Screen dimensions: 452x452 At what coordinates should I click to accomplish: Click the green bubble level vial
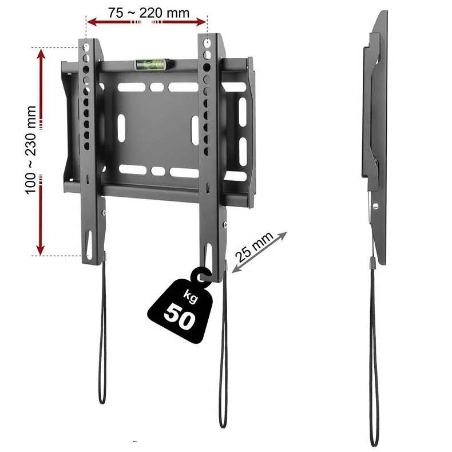click(150, 64)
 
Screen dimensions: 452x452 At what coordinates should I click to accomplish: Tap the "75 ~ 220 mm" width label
click(149, 13)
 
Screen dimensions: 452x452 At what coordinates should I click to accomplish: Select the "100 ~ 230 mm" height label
click(31, 150)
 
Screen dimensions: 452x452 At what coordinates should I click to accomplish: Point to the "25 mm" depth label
click(254, 247)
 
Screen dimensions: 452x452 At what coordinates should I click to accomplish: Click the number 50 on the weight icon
click(179, 316)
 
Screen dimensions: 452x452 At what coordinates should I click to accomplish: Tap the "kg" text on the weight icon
click(190, 298)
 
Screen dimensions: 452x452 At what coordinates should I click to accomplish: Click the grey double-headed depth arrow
click(259, 252)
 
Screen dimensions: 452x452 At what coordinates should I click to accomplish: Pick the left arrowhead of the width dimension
click(92, 22)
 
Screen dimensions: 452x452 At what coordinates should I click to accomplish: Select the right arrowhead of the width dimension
click(201, 22)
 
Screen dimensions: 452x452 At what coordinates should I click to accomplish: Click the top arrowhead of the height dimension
click(41, 55)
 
